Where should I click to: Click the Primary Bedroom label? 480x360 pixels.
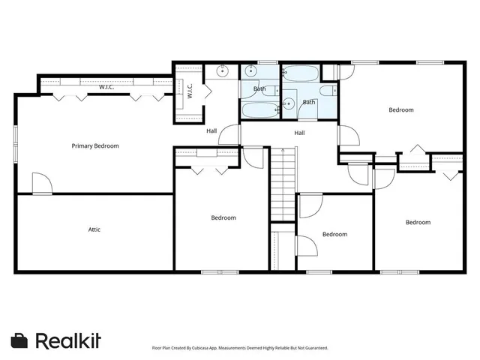point(95,145)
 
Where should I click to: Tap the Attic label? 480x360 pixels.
point(94,229)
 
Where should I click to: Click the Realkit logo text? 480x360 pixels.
point(68,340)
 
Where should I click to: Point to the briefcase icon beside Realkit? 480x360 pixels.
point(20,340)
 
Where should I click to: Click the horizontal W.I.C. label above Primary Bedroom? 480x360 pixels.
point(106,88)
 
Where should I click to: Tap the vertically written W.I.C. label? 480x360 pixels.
point(190,91)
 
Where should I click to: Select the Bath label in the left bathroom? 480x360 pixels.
point(259,89)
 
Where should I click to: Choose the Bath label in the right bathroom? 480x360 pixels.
point(309,102)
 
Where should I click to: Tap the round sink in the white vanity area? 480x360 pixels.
point(223,72)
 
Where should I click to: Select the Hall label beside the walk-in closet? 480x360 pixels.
point(212,131)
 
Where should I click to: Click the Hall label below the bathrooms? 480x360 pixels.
point(299,133)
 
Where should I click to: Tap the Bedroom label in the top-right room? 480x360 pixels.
point(400,110)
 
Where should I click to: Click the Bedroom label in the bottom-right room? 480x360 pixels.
point(418,222)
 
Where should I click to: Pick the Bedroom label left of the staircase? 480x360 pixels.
point(223,217)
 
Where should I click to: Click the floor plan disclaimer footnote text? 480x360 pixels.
point(240,348)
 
